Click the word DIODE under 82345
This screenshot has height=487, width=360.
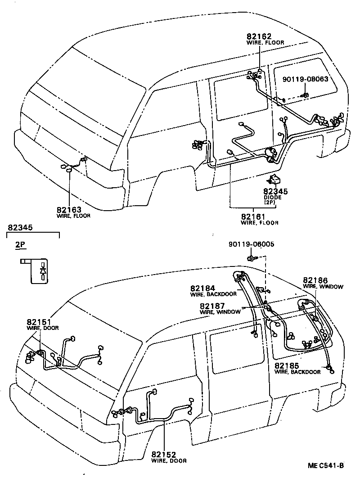pos(273,197)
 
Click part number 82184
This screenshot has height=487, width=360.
pos(203,288)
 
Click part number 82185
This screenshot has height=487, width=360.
pos(288,366)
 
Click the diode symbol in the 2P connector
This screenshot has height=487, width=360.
pos(43,271)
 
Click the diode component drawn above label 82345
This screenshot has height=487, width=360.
pos(274,180)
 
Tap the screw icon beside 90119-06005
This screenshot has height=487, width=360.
pos(251,258)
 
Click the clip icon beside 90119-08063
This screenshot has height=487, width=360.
pos(305,95)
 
